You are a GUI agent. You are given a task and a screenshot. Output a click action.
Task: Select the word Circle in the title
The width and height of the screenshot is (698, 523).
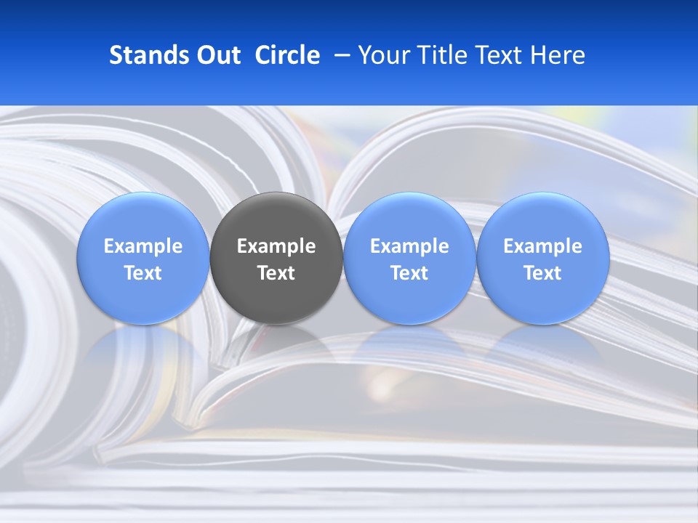pyautogui.click(x=287, y=55)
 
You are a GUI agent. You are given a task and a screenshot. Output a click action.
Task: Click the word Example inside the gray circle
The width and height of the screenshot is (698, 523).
pyautogui.click(x=276, y=246)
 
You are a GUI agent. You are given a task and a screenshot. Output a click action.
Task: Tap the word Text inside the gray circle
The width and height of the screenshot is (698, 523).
pyautogui.click(x=276, y=273)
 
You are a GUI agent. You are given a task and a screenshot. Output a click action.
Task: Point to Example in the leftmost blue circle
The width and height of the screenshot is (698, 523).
pyautogui.click(x=143, y=246)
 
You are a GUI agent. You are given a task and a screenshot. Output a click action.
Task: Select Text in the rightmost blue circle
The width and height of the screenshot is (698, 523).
pyautogui.click(x=542, y=273)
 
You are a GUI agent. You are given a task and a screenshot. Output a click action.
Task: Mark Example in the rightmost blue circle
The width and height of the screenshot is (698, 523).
pyautogui.click(x=542, y=246)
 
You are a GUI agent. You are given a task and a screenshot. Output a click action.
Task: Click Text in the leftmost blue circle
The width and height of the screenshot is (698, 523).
pyautogui.click(x=143, y=273)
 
